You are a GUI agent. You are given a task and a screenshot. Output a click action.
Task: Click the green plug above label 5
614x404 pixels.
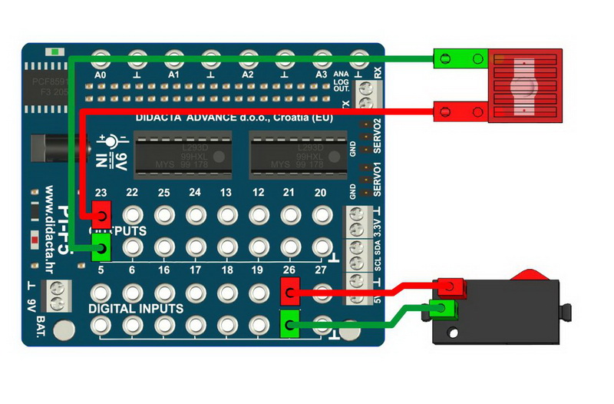[101, 247]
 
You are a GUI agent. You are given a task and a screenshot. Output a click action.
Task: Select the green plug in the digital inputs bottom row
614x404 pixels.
[290, 325]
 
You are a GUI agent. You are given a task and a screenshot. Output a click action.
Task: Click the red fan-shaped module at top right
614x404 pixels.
[525, 84]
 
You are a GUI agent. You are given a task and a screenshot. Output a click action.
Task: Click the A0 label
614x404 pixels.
[100, 75]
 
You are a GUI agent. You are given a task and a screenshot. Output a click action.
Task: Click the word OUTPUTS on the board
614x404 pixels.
[119, 230]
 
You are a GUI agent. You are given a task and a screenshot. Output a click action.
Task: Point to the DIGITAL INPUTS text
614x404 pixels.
[136, 309]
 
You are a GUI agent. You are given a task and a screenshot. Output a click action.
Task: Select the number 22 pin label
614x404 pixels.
[132, 192]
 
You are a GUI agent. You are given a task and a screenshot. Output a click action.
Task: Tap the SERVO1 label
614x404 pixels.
[376, 178]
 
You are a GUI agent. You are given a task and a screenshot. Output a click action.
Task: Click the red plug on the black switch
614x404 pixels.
[452, 287]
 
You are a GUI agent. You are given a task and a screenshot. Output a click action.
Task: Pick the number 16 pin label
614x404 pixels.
[163, 270]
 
